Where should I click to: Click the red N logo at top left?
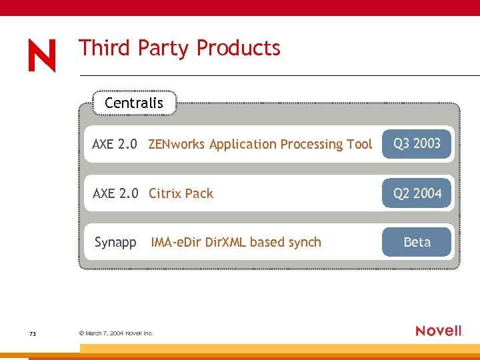point(42,56)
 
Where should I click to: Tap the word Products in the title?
point(239,48)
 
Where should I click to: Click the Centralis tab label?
point(134,103)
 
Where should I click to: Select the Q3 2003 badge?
point(417,143)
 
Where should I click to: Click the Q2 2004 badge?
point(417,193)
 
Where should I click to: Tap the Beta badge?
point(417,242)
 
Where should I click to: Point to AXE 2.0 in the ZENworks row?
point(115,144)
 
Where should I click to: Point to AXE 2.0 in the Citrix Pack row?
point(115,193)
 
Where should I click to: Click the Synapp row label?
point(115,242)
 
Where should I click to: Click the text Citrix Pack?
point(181,193)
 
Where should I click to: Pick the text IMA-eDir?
point(177,242)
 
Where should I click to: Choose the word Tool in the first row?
point(359,144)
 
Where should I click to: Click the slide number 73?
point(33,333)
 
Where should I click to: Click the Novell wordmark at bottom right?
point(439,331)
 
